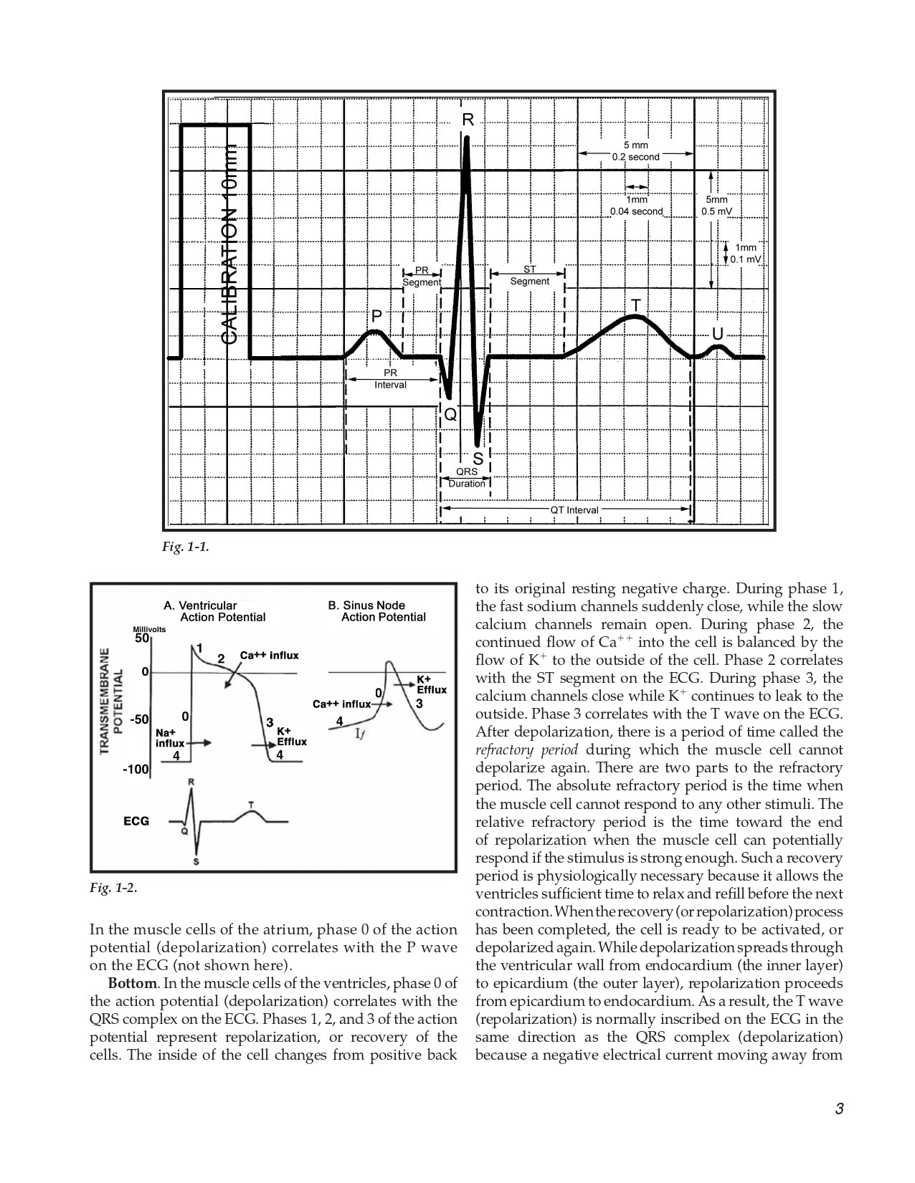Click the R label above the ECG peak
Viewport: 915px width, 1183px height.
click(x=468, y=120)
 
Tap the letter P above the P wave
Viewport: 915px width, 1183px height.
click(x=376, y=316)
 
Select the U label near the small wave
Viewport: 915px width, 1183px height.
click(x=717, y=334)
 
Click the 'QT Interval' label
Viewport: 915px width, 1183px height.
click(x=574, y=510)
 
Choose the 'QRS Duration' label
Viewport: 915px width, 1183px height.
click(x=467, y=477)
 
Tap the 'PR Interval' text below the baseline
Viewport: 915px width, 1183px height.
click(x=390, y=379)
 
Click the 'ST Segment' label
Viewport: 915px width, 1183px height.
click(x=529, y=275)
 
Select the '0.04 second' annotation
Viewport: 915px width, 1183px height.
click(x=636, y=211)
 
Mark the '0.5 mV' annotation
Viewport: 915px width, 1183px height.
click(x=716, y=211)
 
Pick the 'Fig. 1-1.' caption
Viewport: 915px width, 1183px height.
click(x=185, y=547)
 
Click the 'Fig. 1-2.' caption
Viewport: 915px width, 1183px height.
click(x=113, y=888)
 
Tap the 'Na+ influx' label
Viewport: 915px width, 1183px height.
click(x=170, y=738)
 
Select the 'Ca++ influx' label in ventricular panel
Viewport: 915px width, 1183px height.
click(x=269, y=655)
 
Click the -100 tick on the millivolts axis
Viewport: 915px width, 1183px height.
click(x=136, y=770)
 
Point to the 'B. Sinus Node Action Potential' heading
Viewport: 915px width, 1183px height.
click(x=376, y=611)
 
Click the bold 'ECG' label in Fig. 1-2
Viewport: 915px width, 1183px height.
click(x=136, y=821)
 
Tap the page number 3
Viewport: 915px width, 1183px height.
click(x=839, y=1110)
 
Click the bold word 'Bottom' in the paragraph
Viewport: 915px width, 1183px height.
click(x=133, y=983)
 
